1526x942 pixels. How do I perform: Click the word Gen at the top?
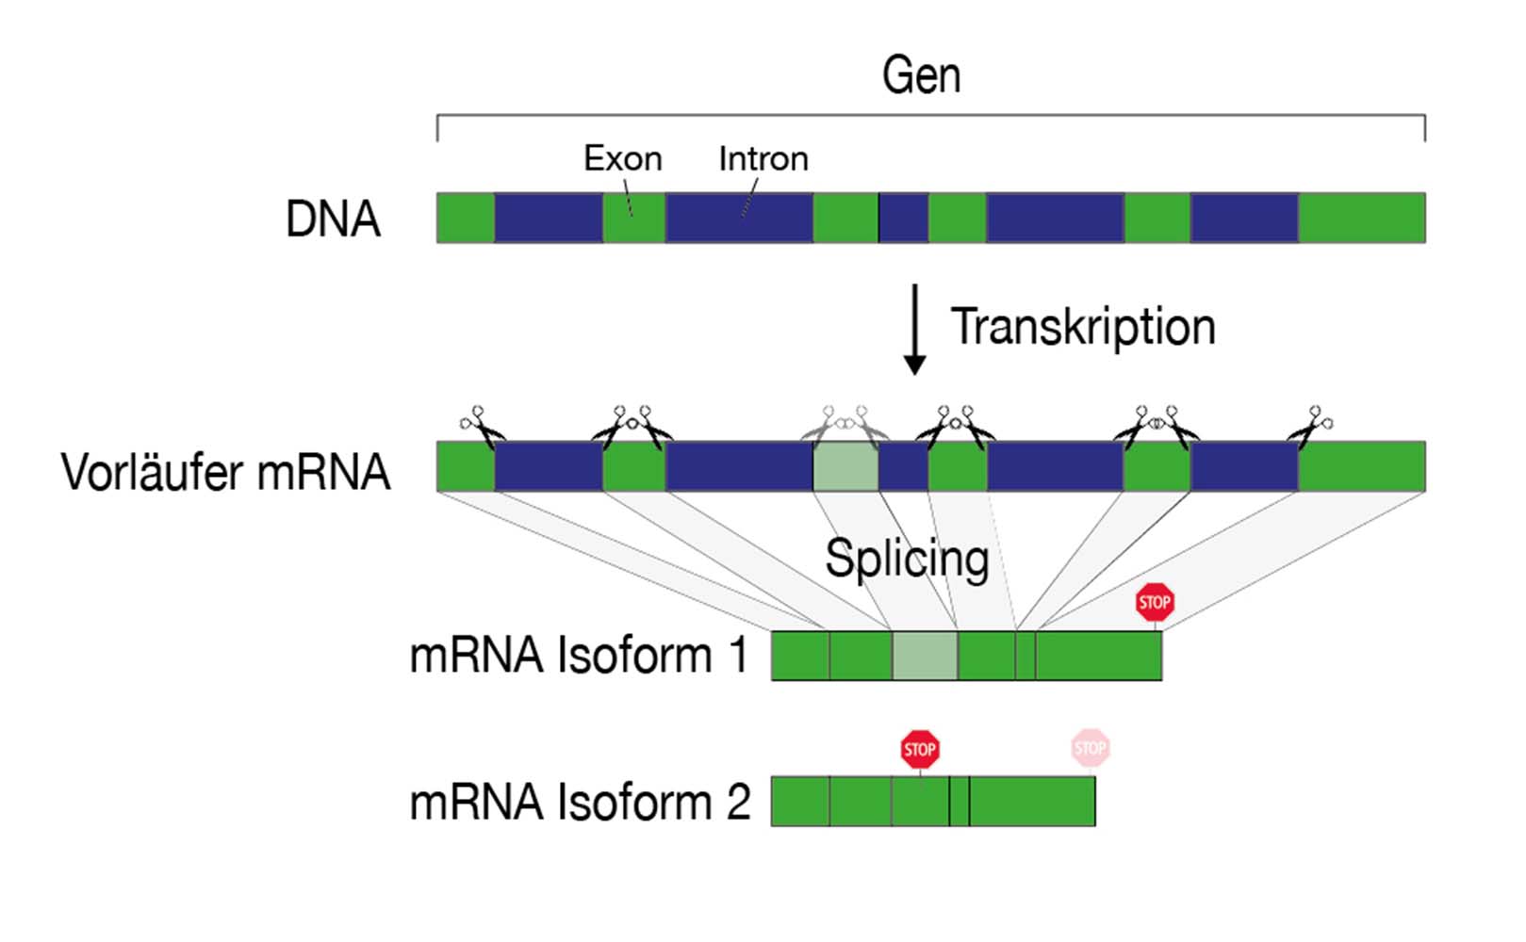click(921, 75)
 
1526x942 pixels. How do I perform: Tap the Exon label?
click(622, 158)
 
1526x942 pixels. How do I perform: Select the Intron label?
click(763, 158)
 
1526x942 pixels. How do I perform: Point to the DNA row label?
click(333, 219)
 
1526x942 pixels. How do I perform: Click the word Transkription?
click(1083, 327)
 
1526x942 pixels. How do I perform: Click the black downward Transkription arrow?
click(914, 330)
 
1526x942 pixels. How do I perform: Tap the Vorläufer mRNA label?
click(225, 472)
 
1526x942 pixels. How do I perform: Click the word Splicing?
click(907, 559)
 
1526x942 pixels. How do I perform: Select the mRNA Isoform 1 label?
click(579, 656)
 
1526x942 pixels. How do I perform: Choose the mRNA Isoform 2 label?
click(580, 803)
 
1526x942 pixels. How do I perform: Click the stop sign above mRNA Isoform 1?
click(1155, 603)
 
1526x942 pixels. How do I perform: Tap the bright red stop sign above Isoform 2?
click(920, 750)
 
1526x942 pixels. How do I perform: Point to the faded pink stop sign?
click(1091, 749)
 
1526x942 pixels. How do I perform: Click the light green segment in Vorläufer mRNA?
click(845, 466)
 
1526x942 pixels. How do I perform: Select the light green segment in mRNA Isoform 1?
click(925, 656)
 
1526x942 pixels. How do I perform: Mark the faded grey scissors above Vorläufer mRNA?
click(845, 423)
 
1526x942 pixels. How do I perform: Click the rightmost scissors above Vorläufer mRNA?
click(1311, 426)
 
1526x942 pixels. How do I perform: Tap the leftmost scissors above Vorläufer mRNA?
click(482, 426)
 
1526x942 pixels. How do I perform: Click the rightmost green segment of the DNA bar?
click(1362, 218)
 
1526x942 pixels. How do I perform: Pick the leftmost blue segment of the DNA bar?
click(549, 218)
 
